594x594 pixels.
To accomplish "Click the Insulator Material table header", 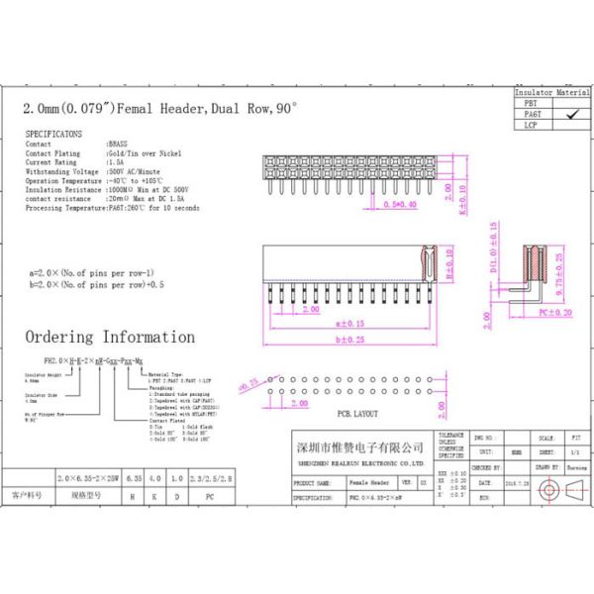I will click(x=551, y=91).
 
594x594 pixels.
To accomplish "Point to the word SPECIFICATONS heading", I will click(x=53, y=133).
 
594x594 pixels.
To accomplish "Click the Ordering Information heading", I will click(x=110, y=337).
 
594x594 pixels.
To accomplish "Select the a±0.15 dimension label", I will click(x=350, y=323).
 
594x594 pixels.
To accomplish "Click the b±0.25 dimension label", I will click(x=350, y=340).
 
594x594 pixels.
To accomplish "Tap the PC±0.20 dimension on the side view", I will click(x=555, y=313).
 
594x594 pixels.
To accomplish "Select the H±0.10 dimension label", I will click(x=447, y=265).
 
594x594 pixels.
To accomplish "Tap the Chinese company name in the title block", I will click(x=360, y=446).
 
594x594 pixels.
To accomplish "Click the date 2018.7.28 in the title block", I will click(x=517, y=482).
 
